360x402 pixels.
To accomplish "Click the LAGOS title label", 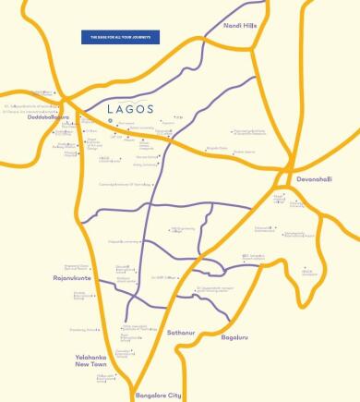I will pyautogui.click(x=129, y=108).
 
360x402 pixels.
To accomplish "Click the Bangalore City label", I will pyautogui.click(x=160, y=395).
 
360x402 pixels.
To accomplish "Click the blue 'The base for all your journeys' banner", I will pyautogui.click(x=121, y=37).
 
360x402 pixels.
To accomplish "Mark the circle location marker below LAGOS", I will pyautogui.click(x=116, y=120).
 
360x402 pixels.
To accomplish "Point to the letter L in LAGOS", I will pyautogui.click(x=111, y=108).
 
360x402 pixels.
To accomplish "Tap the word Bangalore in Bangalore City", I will pyautogui.click(x=152, y=395).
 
